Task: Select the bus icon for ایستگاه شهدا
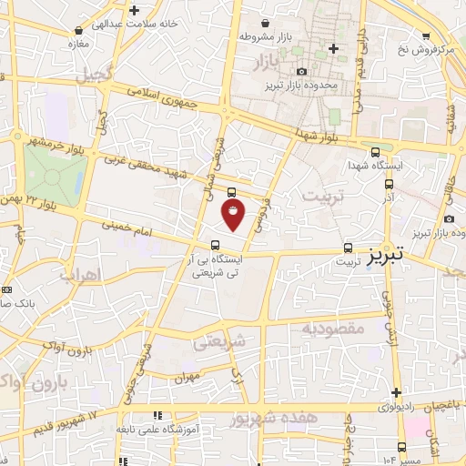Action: (x=376, y=152)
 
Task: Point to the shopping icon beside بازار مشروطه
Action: (x=265, y=24)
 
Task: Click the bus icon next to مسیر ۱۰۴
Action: (x=401, y=446)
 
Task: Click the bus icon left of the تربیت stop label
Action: (x=349, y=248)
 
